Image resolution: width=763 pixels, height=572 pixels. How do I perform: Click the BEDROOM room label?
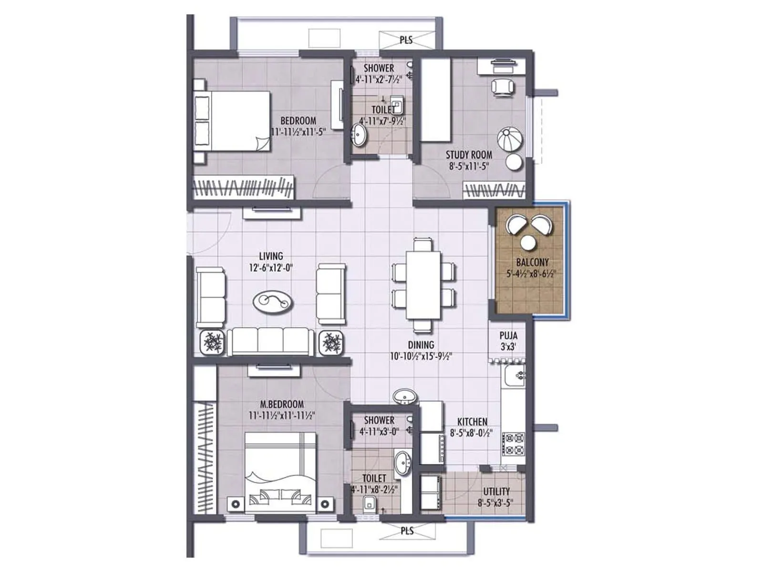pyautogui.click(x=298, y=121)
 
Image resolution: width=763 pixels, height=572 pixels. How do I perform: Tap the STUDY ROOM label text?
pyautogui.click(x=469, y=155)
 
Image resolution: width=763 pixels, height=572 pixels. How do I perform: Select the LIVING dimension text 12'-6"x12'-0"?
pyautogui.click(x=271, y=268)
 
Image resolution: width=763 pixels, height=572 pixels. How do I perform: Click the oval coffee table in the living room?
pyautogui.click(x=273, y=302)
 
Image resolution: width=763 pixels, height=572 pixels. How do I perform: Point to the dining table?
pyautogui.click(x=423, y=285)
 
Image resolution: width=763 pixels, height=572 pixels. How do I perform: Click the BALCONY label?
pyautogui.click(x=532, y=262)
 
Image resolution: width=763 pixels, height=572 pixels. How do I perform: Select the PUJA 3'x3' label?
pyautogui.click(x=508, y=341)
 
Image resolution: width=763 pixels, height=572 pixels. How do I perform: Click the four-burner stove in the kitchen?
pyautogui.click(x=515, y=444)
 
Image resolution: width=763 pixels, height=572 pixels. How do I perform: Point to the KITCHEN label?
pyautogui.click(x=472, y=422)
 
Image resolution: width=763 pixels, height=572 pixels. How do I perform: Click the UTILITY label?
pyautogui.click(x=496, y=491)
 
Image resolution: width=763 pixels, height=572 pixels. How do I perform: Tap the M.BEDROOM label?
pyautogui.click(x=282, y=404)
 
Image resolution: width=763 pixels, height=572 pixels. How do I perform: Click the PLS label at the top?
pyautogui.click(x=406, y=40)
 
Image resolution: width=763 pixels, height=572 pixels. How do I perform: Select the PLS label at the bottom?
pyautogui.click(x=407, y=531)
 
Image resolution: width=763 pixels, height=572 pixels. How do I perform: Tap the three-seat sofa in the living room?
pyautogui.click(x=271, y=341)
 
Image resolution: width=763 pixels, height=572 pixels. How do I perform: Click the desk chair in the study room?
pyautogui.click(x=503, y=87)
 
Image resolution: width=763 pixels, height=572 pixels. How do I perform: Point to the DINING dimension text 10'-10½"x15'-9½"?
pyautogui.click(x=421, y=356)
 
